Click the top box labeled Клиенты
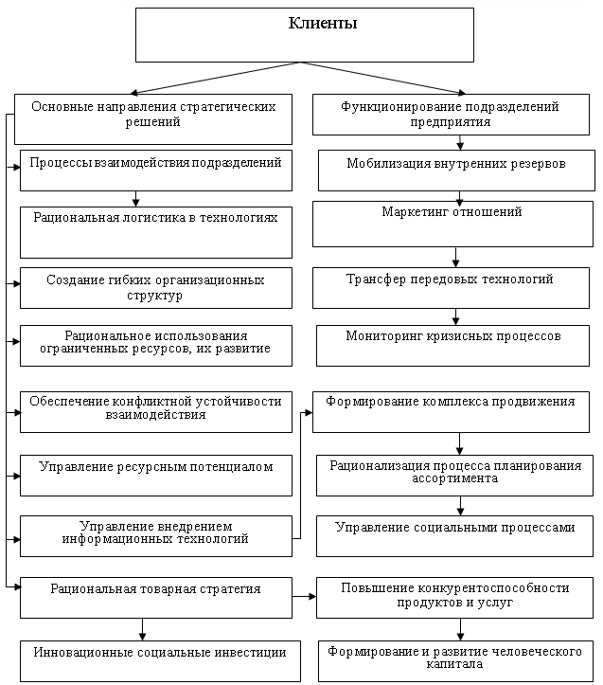304,35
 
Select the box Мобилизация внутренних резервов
456,171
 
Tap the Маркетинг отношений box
452,224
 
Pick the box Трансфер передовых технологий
451,288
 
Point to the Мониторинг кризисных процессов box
452,346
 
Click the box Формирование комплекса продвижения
451,412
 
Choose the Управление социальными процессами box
454,536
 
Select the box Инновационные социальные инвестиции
160,661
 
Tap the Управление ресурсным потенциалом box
156,476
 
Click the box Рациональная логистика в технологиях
156,232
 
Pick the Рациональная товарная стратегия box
156,598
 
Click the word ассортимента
454,478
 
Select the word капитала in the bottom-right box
454,664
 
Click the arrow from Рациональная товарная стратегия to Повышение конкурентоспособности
304,596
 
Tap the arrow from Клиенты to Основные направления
215,78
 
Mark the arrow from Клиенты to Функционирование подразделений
383,78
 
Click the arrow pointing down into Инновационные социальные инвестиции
142,629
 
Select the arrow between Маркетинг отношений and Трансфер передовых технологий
456,258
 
